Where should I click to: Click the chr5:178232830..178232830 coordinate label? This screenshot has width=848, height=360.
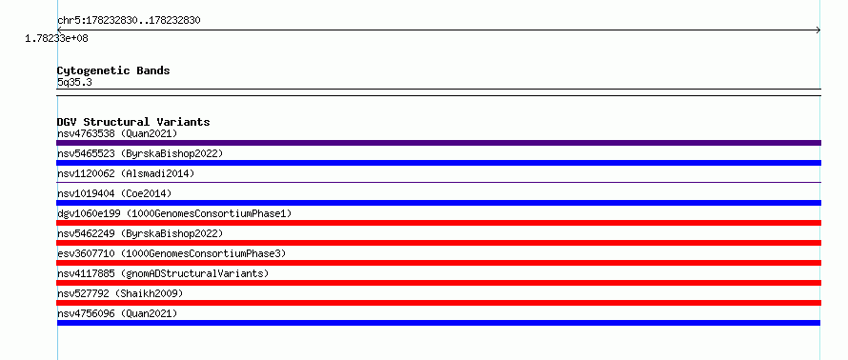pyautogui.click(x=129, y=21)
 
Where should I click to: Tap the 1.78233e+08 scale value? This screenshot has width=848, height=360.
pyautogui.click(x=57, y=38)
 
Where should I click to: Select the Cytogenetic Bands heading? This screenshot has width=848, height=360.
pyautogui.click(x=113, y=70)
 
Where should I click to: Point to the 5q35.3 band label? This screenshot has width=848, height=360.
pyautogui.click(x=74, y=82)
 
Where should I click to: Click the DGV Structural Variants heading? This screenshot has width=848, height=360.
pyautogui.click(x=133, y=122)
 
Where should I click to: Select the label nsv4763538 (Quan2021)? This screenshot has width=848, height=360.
pyautogui.click(x=117, y=133)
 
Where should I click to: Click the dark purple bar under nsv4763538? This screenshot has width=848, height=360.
pyautogui.click(x=438, y=143)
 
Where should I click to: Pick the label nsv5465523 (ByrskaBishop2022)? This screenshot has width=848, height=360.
pyautogui.click(x=140, y=153)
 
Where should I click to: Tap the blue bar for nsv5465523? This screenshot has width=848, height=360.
pyautogui.click(x=438, y=163)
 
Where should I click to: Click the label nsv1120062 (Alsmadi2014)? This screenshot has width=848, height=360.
pyautogui.click(x=126, y=173)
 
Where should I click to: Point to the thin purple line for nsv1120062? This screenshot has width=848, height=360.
pyautogui.click(x=438, y=182)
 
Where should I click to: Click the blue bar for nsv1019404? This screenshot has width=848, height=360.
pyautogui.click(x=438, y=203)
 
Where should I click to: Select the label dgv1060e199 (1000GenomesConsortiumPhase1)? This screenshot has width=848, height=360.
pyautogui.click(x=174, y=213)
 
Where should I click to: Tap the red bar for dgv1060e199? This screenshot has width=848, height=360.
pyautogui.click(x=438, y=223)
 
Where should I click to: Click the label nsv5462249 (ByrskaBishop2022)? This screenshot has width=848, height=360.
pyautogui.click(x=140, y=233)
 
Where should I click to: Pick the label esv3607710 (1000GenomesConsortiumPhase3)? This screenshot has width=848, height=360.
pyautogui.click(x=172, y=253)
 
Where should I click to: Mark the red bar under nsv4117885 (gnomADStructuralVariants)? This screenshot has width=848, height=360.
pyautogui.click(x=438, y=283)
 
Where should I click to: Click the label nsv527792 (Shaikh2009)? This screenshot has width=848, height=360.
pyautogui.click(x=120, y=293)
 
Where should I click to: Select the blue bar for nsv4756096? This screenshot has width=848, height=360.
pyautogui.click(x=438, y=323)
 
